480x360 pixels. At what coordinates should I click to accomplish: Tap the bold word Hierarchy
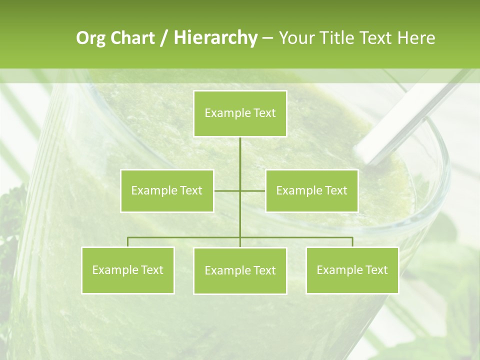[215, 38]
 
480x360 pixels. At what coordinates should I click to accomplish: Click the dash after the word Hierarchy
[267, 38]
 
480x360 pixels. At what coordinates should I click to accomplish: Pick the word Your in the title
[294, 38]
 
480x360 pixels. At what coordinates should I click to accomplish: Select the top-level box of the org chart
[240, 113]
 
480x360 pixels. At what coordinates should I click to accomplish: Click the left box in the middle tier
[167, 190]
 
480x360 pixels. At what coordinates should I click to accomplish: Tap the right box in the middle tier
[311, 190]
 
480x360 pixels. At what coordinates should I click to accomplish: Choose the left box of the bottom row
[127, 270]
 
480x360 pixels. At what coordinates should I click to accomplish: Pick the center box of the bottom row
[240, 270]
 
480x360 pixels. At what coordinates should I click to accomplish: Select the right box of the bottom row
[352, 270]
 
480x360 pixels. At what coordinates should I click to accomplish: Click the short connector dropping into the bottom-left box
[127, 242]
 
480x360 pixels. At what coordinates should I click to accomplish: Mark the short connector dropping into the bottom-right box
[352, 242]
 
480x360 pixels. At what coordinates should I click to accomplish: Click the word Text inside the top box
[264, 113]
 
